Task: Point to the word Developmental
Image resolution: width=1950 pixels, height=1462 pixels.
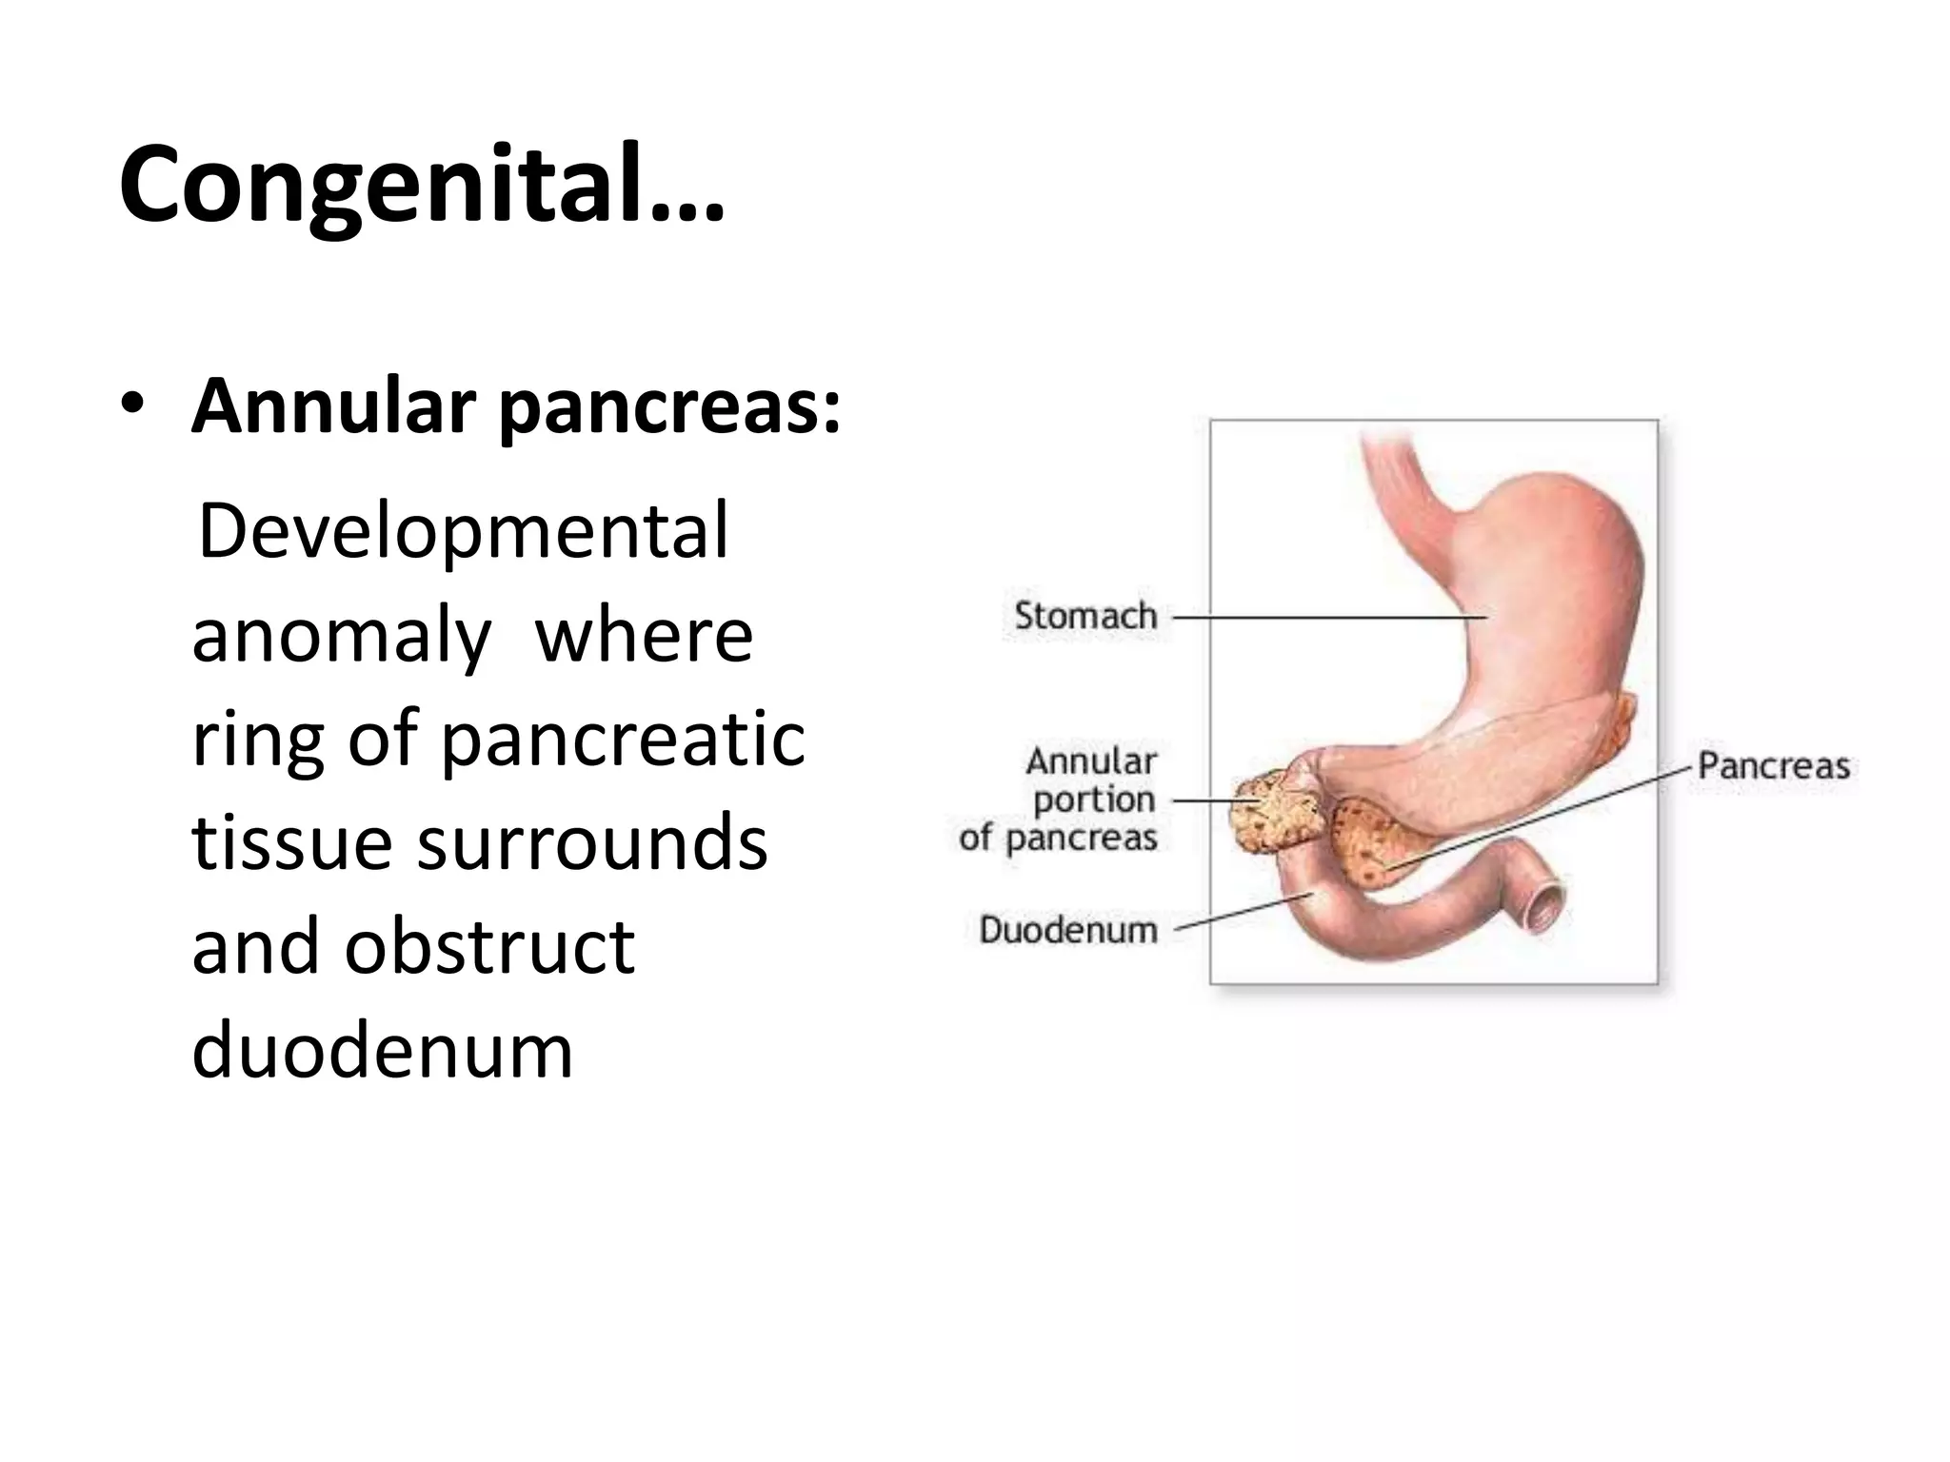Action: point(463,531)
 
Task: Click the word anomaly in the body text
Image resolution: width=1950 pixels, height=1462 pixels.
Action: point(341,638)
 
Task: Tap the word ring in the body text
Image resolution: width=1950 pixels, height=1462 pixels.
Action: point(257,742)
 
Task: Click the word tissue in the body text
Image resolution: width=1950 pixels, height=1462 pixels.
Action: point(291,843)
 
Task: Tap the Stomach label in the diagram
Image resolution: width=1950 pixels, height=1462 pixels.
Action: point(1085,616)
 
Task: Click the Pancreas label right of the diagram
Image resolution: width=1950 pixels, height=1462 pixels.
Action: point(1773,766)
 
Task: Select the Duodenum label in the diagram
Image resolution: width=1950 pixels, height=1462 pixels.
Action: point(1068,929)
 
